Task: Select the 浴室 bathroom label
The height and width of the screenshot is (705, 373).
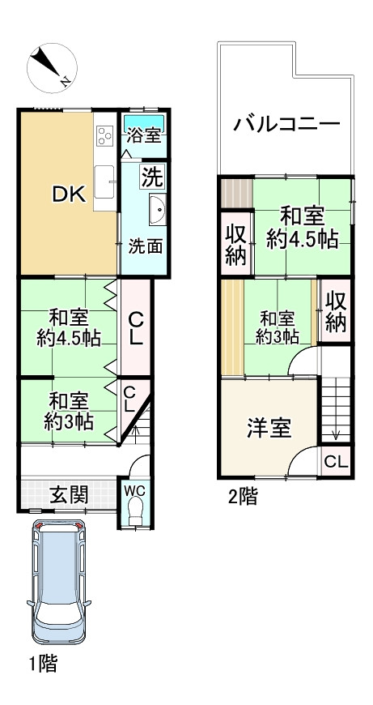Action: (x=145, y=136)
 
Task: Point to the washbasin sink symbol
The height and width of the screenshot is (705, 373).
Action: (x=157, y=211)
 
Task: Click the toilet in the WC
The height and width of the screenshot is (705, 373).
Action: (x=136, y=512)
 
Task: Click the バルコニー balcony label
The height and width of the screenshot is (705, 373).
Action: (x=286, y=126)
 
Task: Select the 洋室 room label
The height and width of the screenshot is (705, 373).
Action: (x=269, y=428)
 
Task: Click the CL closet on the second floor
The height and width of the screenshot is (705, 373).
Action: (x=337, y=462)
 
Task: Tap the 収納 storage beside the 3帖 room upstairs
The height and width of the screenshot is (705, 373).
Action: (x=336, y=311)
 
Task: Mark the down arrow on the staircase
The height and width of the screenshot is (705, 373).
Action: (x=336, y=432)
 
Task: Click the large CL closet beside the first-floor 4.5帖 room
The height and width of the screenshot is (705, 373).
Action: (x=136, y=327)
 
